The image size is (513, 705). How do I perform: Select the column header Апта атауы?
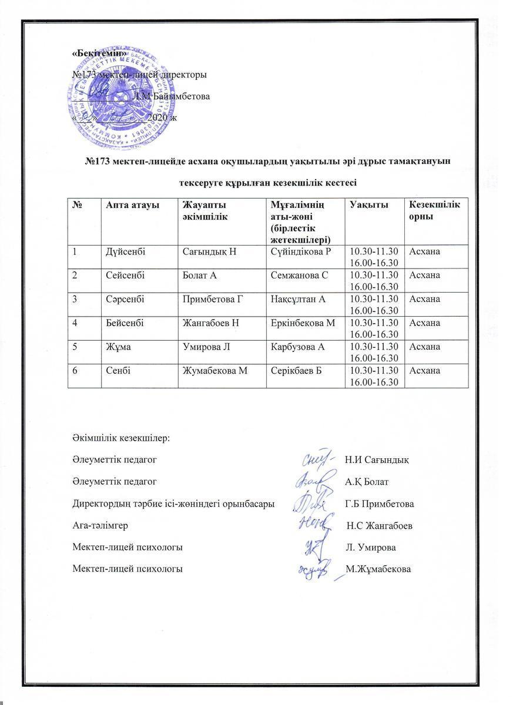pos(128,204)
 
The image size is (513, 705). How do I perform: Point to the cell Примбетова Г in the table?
pos(212,299)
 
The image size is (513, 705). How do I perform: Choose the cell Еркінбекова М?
pos(303,323)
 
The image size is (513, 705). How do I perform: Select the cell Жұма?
pos(118,346)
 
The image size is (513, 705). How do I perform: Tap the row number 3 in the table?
pos(76,299)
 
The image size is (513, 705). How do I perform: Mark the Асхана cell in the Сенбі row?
pos(424,370)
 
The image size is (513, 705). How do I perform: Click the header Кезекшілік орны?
pos(434,209)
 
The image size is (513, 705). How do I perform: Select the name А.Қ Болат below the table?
pos(367,482)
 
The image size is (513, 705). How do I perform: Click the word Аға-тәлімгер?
pos(100,525)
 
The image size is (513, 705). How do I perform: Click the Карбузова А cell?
pos(298,346)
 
